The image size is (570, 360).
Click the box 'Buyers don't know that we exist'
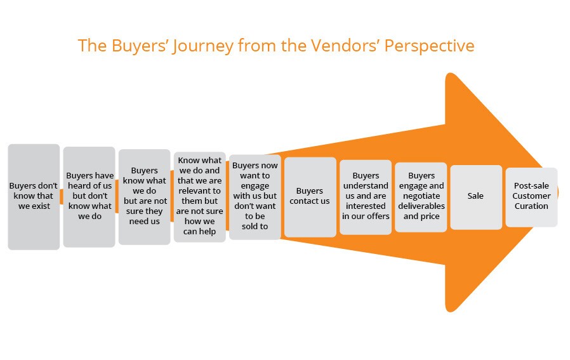(34, 196)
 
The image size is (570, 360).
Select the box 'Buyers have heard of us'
(89, 196)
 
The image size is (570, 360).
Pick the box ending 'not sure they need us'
(144, 196)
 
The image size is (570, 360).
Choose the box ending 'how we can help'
(199, 196)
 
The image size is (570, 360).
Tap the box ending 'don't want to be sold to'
(255, 196)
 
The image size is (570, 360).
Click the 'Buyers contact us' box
(310, 196)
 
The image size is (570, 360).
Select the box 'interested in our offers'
(366, 196)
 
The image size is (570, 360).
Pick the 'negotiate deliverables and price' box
(421, 196)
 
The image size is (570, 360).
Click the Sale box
(475, 196)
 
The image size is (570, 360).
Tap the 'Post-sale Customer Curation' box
(531, 196)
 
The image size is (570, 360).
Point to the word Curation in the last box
(531, 206)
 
